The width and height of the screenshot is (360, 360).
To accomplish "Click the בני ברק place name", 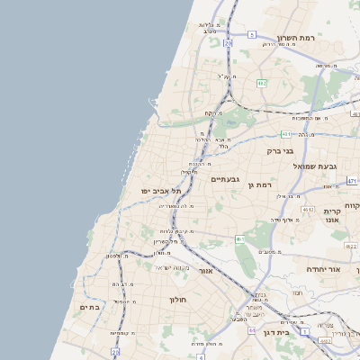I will [281, 151].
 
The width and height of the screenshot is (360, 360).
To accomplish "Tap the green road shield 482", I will [260, 83].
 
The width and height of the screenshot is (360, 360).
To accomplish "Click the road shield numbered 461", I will [239, 239].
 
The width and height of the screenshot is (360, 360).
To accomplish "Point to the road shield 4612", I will [308, 210].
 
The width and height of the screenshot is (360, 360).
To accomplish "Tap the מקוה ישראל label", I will [171, 267].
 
